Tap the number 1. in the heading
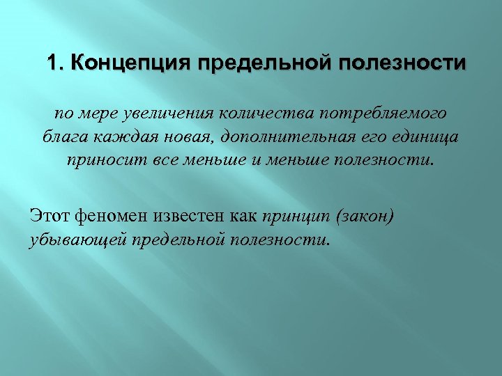(55, 64)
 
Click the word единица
(423, 136)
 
